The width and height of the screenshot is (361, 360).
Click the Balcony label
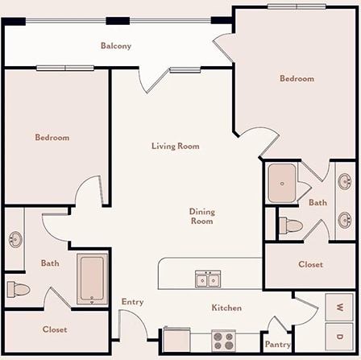[116, 46]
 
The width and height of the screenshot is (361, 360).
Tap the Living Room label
[175, 147]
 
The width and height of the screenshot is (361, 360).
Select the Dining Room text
[201, 216]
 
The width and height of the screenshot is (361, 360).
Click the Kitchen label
[226, 308]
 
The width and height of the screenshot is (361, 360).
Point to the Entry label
[132, 302]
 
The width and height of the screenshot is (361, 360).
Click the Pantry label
[278, 345]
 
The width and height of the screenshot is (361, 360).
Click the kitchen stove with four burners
[223, 339]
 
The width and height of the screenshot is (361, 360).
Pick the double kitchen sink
[208, 279]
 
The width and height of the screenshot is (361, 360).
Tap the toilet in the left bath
[18, 288]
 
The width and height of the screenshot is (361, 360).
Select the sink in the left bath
[15, 239]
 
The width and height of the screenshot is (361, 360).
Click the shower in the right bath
[282, 183]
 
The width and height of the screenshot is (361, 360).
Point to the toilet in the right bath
[292, 226]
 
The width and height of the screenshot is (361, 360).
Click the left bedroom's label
[52, 138]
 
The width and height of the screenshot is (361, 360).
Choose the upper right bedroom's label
[297, 79]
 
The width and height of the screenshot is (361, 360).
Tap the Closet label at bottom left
[55, 329]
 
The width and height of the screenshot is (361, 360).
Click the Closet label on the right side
[310, 264]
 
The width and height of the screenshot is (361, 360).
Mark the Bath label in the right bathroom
[317, 203]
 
